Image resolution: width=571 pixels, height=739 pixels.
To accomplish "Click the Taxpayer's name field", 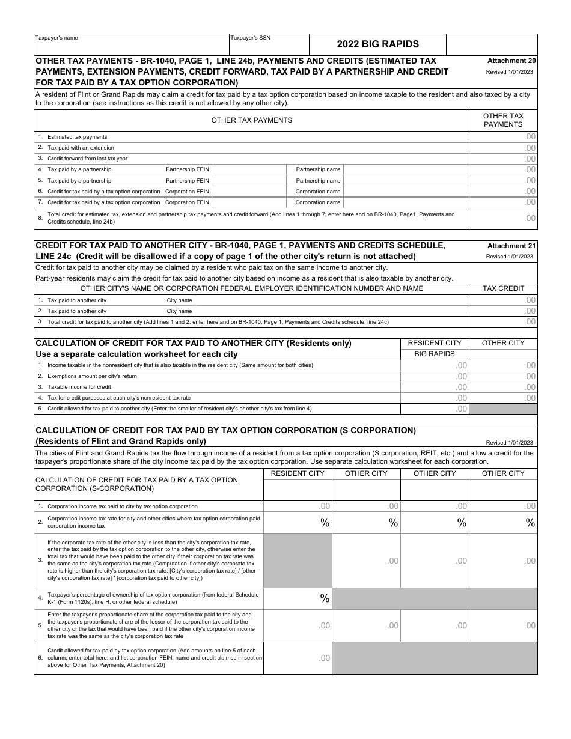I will pos(131,44).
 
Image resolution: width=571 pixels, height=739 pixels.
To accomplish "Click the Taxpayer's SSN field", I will pos(269,44).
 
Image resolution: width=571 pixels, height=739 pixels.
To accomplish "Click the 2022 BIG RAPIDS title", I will pos(377,44).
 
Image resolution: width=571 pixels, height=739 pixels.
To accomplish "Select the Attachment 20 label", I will pos(511,61).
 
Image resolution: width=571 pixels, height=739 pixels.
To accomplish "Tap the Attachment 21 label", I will pos(511,246).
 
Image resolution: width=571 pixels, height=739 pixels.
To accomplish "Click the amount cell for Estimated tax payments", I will pos(503,137).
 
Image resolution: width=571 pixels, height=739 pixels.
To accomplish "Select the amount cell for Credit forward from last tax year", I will pos(503,159).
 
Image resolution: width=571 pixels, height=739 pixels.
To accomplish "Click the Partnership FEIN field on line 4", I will pos(249,169).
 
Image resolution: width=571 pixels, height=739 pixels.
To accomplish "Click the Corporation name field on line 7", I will pos(406,202).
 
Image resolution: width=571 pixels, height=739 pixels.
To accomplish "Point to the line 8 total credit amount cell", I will pos(503,219).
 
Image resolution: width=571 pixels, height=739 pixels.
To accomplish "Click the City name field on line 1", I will pos(332,300).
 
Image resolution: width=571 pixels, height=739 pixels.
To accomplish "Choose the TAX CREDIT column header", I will pos(503,288).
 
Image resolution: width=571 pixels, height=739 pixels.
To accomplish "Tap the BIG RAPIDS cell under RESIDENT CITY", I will pos(435,354).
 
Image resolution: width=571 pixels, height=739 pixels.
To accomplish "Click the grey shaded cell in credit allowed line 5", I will pos(503,409).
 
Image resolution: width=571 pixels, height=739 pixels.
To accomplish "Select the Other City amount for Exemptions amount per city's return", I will pos(503,376).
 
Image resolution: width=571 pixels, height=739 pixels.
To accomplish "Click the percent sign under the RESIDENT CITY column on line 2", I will pos(325,523).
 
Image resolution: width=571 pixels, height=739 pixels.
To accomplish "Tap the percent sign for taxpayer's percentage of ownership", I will pos(325,598).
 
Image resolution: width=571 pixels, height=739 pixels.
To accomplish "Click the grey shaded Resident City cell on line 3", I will pos(298,561).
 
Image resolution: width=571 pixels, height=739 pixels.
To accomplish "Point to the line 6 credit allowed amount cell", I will pos(298,658).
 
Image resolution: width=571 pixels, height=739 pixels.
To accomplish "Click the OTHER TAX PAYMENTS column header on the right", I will pos(503,120).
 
